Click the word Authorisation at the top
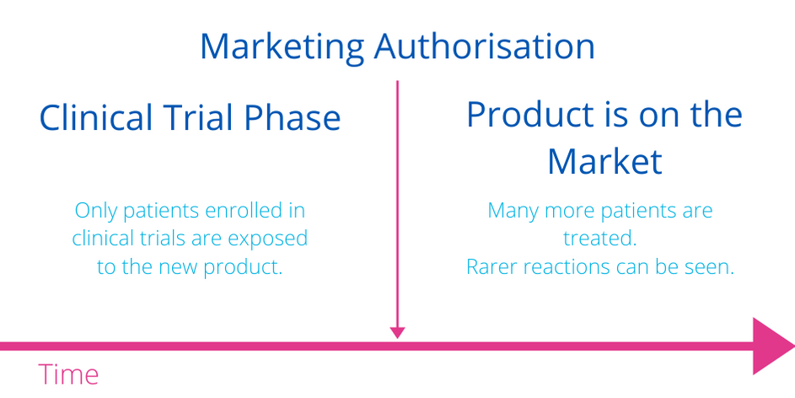coord(484,46)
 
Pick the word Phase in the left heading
coord(292,117)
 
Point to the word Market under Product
coord(604,161)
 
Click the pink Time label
coord(68,374)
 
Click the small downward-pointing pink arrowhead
coord(398,332)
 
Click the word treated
coord(599,239)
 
